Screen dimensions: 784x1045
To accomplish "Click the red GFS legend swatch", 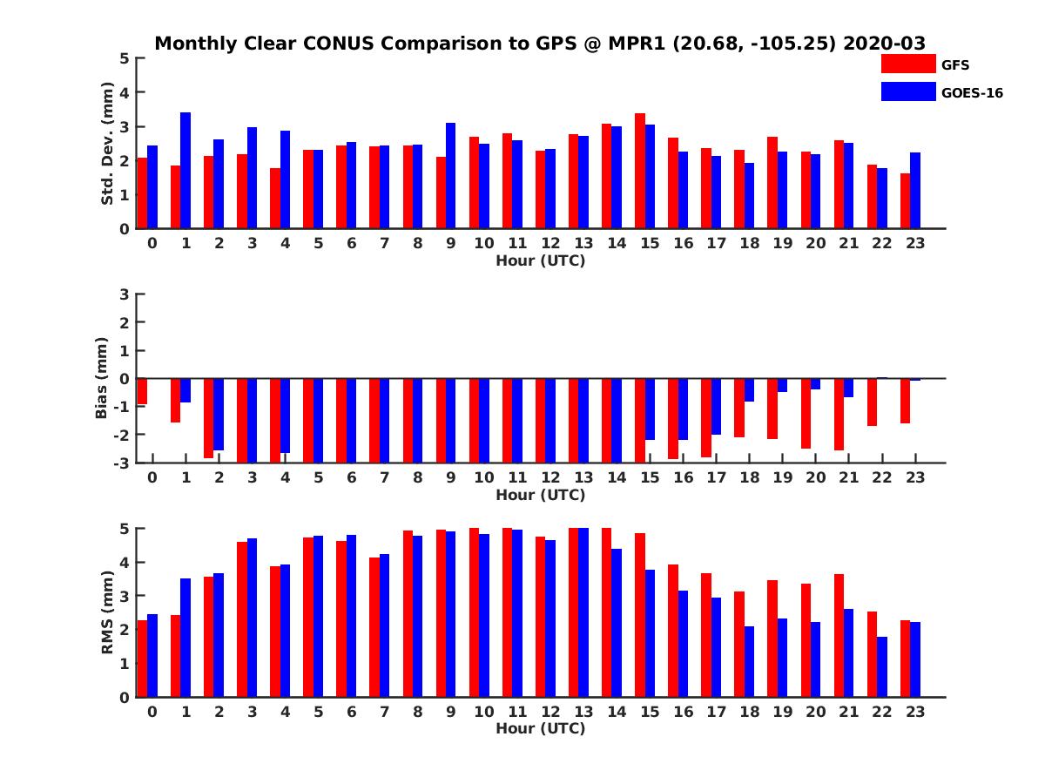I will click(x=908, y=64).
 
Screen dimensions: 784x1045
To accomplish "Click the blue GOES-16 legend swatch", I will click(x=908, y=91).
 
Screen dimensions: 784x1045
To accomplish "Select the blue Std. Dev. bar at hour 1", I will click(x=185, y=171).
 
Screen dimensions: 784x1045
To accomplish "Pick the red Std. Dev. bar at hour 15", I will click(x=639, y=171).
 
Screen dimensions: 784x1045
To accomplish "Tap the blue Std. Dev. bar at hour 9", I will click(x=450, y=176).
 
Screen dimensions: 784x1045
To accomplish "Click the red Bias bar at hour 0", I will click(x=142, y=391).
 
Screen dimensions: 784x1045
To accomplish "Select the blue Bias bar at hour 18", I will click(x=749, y=390).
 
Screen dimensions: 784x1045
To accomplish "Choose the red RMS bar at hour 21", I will click(x=839, y=635).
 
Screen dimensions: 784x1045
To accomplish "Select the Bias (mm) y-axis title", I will click(x=103, y=379).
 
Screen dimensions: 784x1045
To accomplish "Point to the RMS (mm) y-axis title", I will click(x=108, y=613).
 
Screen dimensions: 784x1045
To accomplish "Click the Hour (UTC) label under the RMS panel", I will click(x=540, y=728).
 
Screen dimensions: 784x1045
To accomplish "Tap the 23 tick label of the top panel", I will click(x=915, y=243).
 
